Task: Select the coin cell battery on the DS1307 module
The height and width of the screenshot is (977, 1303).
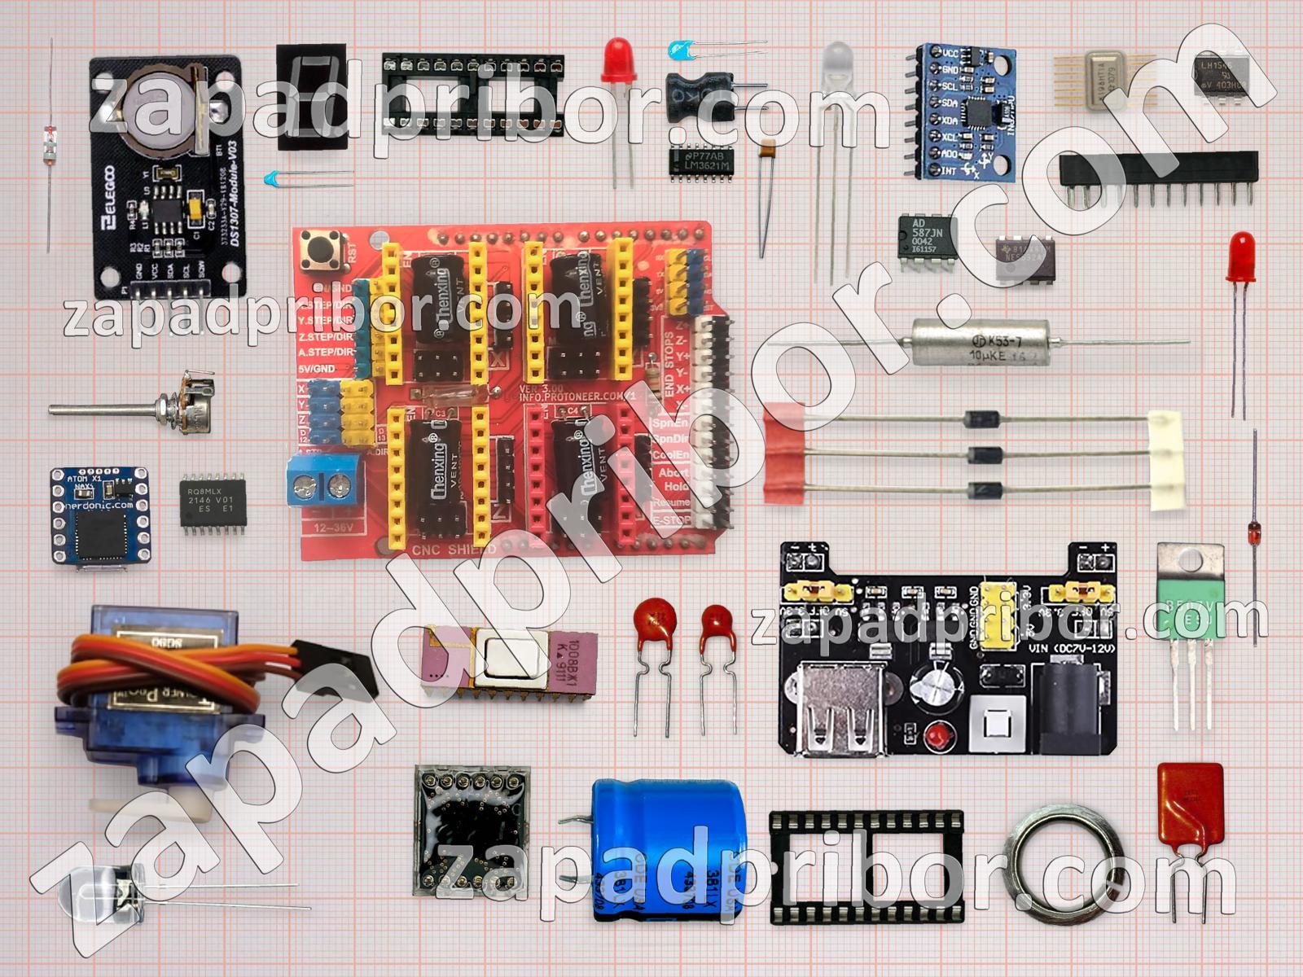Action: click(x=159, y=114)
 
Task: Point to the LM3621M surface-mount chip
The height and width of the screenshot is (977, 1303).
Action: click(x=703, y=160)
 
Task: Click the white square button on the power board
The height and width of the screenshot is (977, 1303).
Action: click(x=996, y=724)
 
